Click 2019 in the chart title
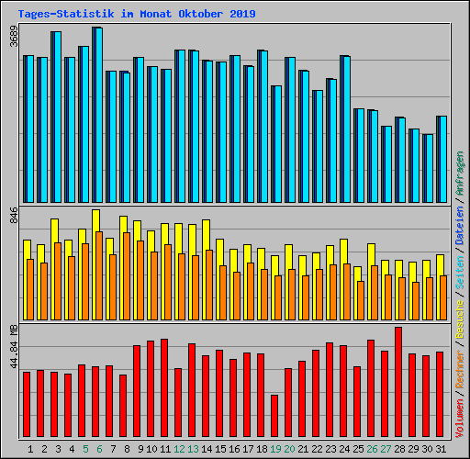(241, 15)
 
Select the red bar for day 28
(398, 382)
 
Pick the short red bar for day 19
(274, 416)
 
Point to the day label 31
(441, 449)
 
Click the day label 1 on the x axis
(31, 449)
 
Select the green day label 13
(193, 449)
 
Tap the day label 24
(344, 449)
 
